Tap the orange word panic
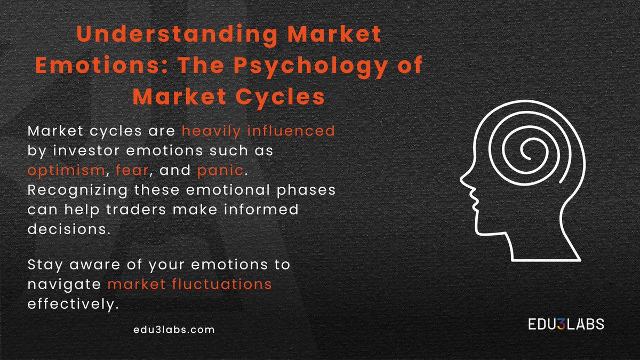[220, 170]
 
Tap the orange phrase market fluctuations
[190, 285]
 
